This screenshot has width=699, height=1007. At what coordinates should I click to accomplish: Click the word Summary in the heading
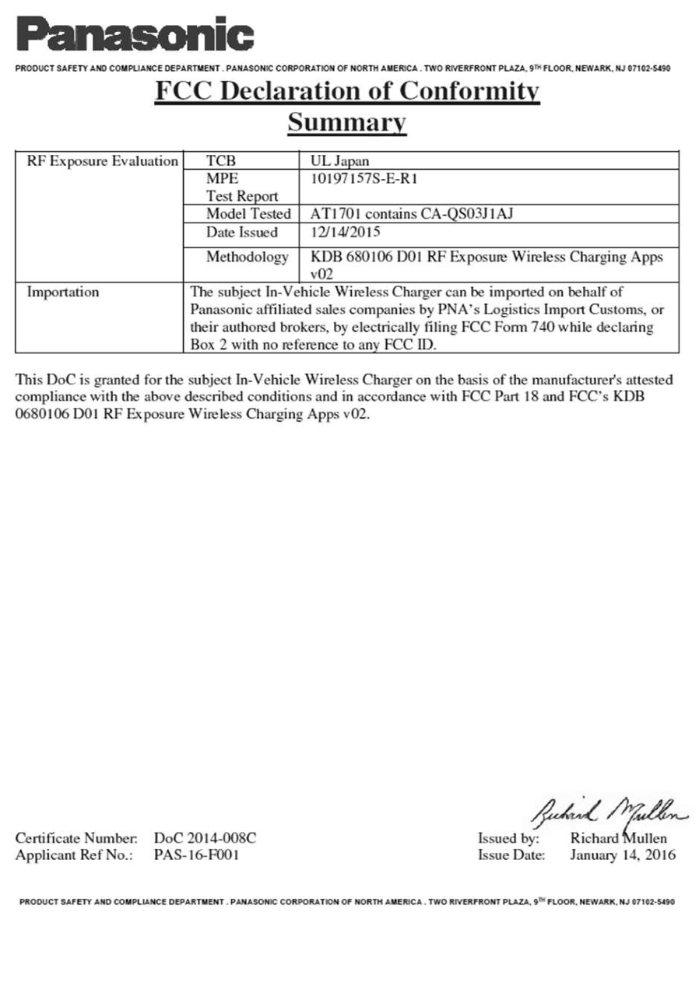click(x=347, y=122)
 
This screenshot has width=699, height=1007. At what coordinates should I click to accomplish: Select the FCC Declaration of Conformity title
click(x=347, y=92)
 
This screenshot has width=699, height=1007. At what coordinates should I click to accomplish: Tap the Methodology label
click(x=247, y=257)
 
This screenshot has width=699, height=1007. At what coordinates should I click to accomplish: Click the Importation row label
click(x=63, y=293)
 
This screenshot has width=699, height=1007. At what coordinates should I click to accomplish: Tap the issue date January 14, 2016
click(x=623, y=855)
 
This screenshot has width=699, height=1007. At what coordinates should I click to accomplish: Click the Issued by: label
click(x=508, y=838)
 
